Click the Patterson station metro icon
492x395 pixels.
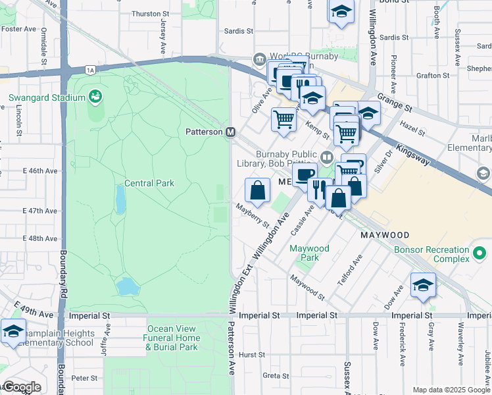pyautogui.click(x=231, y=132)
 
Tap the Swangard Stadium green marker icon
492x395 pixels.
pyautogui.click(x=96, y=97)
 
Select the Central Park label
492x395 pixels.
pyautogui.click(x=149, y=183)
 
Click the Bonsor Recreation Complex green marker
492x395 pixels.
pyautogui.click(x=480, y=253)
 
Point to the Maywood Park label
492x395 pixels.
pyautogui.click(x=310, y=253)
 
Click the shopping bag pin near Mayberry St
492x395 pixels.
pyautogui.click(x=257, y=190)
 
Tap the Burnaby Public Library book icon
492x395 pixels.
pyautogui.click(x=327, y=157)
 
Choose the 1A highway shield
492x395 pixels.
pyautogui.click(x=91, y=69)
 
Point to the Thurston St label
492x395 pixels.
pyautogui.click(x=146, y=13)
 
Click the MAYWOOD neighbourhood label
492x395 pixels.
pyautogui.click(x=384, y=235)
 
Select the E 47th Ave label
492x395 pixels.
pyautogui.click(x=40, y=211)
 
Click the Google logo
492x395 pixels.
pyautogui.click(x=21, y=387)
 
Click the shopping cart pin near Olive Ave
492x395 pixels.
pyautogui.click(x=283, y=120)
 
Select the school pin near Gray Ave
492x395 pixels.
pyautogui.click(x=423, y=285)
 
